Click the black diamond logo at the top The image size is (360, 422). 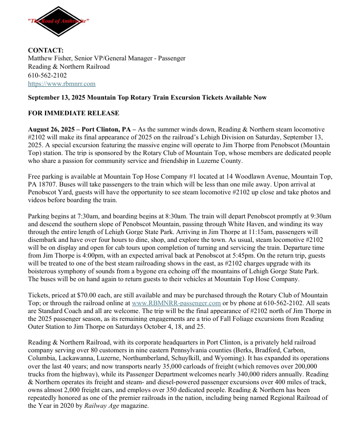(x=58, y=22)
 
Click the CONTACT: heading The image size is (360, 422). (x=46, y=50)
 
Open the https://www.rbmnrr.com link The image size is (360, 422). (x=61, y=84)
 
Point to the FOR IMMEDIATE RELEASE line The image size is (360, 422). (x=73, y=113)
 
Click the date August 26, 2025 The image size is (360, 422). (x=51, y=129)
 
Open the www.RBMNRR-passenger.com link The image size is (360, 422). (x=170, y=303)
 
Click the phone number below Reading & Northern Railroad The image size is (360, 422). (x=47, y=75)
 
